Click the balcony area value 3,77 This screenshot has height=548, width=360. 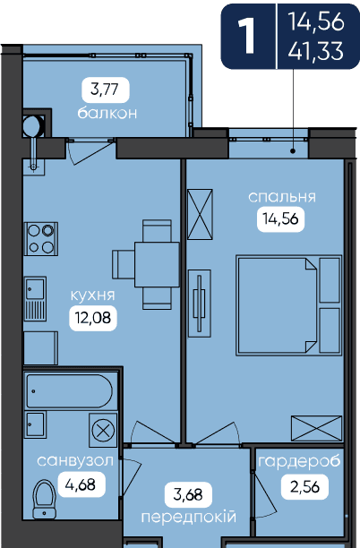point(105,90)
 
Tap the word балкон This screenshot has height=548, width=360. point(107,113)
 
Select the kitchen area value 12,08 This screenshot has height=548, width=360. point(93,318)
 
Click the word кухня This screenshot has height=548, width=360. point(92,295)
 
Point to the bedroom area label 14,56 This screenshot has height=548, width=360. point(280,219)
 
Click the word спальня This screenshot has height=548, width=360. point(282,197)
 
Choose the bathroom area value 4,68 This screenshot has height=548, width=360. point(81,484)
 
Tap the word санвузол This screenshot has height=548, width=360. point(75,461)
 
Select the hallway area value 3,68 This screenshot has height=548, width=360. point(188,494)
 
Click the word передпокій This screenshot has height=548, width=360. point(189,517)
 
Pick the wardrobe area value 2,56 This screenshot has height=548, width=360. point(304,486)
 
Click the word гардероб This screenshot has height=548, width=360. point(299,462)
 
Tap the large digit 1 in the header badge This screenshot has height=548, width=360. point(247,36)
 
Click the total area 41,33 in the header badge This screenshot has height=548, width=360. point(316,51)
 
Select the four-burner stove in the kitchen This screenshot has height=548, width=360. point(41,239)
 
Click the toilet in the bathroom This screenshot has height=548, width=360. point(44,500)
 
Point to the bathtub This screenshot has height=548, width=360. point(70,391)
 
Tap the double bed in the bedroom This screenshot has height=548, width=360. point(288,305)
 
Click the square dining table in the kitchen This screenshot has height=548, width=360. point(157,264)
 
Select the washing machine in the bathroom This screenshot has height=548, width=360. point(103,431)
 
